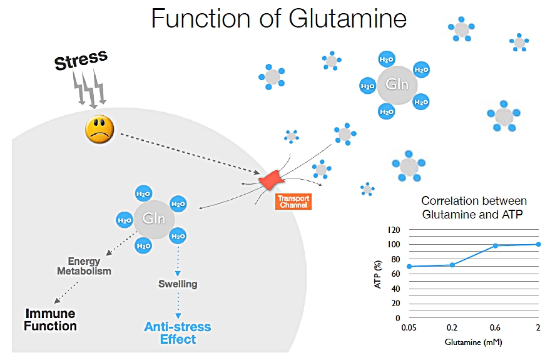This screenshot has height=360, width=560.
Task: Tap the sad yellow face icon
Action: pyautogui.click(x=99, y=129)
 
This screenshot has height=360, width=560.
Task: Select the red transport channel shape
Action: pyautogui.click(x=272, y=180)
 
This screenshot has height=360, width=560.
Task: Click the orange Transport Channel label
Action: pyautogui.click(x=293, y=202)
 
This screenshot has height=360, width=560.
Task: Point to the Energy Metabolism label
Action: pyautogui.click(x=84, y=266)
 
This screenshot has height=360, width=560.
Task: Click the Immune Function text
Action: pyautogui.click(x=50, y=319)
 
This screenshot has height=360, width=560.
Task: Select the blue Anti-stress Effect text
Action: pyautogui.click(x=178, y=333)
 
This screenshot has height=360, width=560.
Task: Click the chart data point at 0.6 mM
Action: pyautogui.click(x=495, y=245)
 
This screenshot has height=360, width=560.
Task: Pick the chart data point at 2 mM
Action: pyautogui.click(x=538, y=244)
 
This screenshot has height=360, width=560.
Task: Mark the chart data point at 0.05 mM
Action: pyautogui.click(x=409, y=266)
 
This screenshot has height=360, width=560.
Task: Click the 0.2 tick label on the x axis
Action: pyautogui.click(x=452, y=328)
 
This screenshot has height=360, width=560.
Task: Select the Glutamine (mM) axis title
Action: pyautogui.click(x=473, y=343)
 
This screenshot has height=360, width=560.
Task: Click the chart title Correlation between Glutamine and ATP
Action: pyautogui.click(x=474, y=207)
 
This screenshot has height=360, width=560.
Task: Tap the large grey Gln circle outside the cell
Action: pyautogui.click(x=395, y=85)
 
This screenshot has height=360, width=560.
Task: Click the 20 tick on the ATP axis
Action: pyautogui.click(x=395, y=303)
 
